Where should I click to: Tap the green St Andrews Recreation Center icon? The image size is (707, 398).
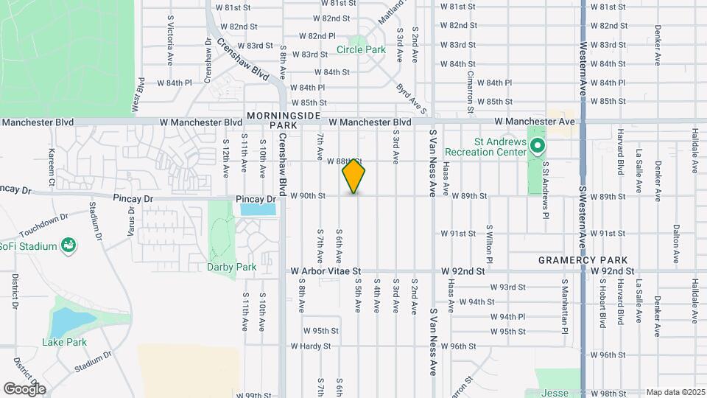pos(538,146)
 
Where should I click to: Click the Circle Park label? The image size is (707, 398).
pos(361,50)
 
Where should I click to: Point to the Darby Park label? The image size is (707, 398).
pos(231,267)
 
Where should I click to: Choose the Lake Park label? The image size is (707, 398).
pos(64,342)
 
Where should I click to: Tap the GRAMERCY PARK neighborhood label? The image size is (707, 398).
pos(583,260)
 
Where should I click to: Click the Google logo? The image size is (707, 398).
pos(24,388)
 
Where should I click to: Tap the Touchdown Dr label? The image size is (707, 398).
pos(43,217)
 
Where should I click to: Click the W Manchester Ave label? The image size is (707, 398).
pos(534,121)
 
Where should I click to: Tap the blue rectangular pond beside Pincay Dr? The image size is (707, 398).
pos(258,209)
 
